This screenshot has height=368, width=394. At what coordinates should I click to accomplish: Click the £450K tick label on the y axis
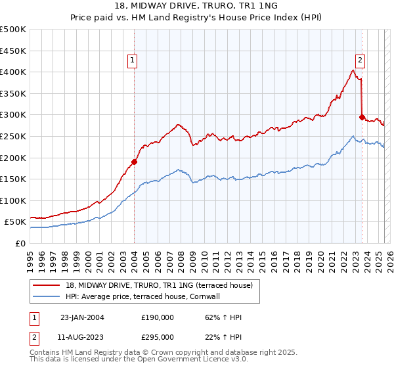(x=13, y=51)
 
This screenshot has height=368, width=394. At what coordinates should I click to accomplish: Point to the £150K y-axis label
(x=13, y=179)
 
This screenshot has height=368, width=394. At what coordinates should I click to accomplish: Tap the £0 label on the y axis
(x=20, y=243)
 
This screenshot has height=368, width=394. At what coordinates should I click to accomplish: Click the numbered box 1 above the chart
(x=133, y=60)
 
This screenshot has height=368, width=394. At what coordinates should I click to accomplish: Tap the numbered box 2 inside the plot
(x=361, y=60)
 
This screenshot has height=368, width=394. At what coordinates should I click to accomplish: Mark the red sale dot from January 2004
(x=134, y=162)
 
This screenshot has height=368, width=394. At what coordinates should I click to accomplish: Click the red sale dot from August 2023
(x=362, y=117)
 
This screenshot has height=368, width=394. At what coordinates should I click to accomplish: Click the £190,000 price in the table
(x=158, y=317)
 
